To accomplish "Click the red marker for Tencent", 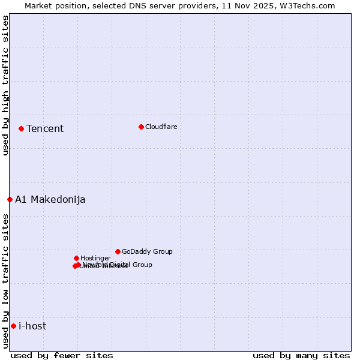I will (21, 128).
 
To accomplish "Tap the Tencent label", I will (45, 129).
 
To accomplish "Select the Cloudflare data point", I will (141, 127).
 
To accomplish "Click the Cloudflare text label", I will (161, 127).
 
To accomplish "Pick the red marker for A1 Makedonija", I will (10, 199).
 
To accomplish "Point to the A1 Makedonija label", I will (50, 200).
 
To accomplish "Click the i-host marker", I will (13, 326).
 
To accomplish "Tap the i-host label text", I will (32, 326).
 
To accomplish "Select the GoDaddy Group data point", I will (118, 251).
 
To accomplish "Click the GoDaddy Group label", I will (147, 252).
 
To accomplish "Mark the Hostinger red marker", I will (76, 258).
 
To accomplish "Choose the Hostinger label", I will (96, 259).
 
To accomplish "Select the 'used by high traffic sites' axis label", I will (5, 85).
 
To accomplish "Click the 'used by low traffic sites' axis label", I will (5, 281).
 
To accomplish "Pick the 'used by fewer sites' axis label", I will (62, 355).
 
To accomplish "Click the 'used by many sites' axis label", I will (301, 355).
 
